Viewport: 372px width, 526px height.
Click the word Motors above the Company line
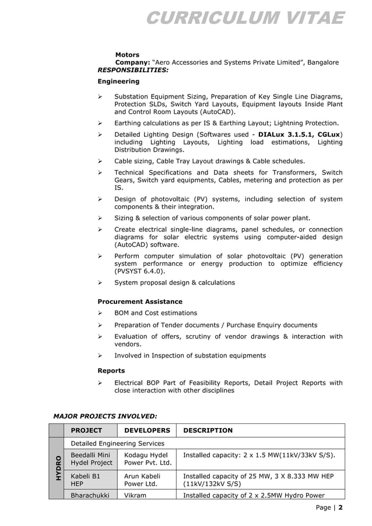pyautogui.click(x=127, y=55)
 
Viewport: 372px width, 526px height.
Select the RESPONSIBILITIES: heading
pyautogui.click(x=133, y=69)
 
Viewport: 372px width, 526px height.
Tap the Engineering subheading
pyautogui.click(x=118, y=81)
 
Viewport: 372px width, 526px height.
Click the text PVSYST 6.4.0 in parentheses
pyautogui.click(x=139, y=271)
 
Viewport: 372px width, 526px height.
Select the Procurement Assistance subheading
pyautogui.click(x=139, y=301)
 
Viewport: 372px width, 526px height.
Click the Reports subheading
pyautogui.click(x=111, y=370)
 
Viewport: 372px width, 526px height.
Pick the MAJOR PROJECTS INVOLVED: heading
pyautogui.click(x=105, y=416)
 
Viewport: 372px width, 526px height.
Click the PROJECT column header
pyautogui.click(x=86, y=430)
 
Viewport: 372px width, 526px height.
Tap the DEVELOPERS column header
pyautogui.click(x=146, y=430)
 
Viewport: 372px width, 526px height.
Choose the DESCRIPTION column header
pyautogui.click(x=208, y=430)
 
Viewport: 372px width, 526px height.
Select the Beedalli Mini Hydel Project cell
pyautogui.click(x=92, y=459)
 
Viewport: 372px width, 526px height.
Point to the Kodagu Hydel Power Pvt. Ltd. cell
pyautogui.click(x=147, y=459)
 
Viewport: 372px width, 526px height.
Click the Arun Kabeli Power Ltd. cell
pyautogui.click(x=142, y=480)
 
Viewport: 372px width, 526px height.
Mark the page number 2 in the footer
pyautogui.click(x=341, y=507)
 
